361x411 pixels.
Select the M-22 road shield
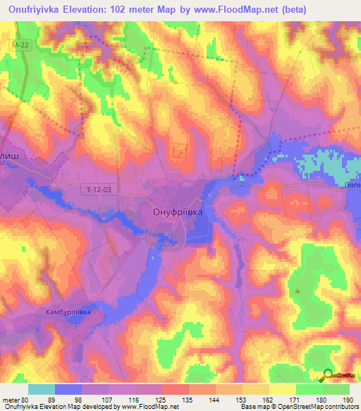click(x=20, y=44)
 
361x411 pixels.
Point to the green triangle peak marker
click(x=298, y=290)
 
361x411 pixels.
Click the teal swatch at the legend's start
click(x=42, y=389)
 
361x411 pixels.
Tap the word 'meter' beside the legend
click(x=10, y=399)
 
